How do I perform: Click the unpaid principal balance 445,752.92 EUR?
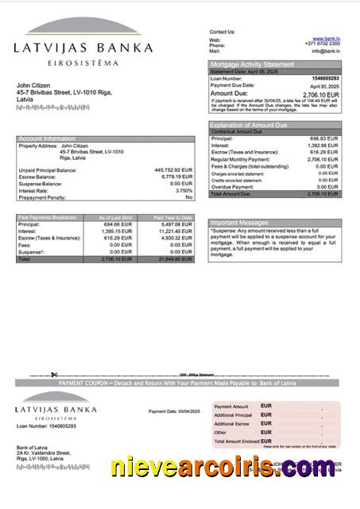coord(173,169)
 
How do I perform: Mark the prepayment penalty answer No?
coord(188,196)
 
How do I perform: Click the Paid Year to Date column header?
coord(173,217)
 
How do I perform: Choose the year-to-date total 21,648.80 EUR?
coord(175,259)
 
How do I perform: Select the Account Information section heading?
coord(47,138)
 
